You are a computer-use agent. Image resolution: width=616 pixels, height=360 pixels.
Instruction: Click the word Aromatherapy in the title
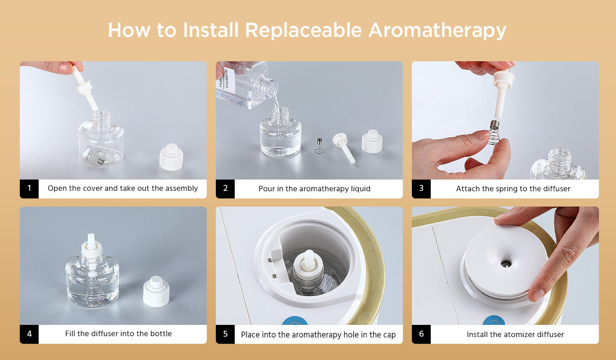point(437,30)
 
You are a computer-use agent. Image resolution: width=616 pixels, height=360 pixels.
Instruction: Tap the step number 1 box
point(29,189)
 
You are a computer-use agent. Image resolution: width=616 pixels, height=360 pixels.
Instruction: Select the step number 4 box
point(29,334)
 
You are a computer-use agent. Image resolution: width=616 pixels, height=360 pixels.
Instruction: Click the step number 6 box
point(421,334)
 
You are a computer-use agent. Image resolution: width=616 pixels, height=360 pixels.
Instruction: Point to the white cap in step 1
point(171,157)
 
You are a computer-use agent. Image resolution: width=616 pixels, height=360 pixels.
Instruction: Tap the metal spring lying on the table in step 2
point(319,146)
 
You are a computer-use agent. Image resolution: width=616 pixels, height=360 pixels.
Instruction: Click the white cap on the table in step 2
point(372,141)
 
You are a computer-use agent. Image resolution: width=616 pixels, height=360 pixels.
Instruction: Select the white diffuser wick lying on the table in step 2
point(344,148)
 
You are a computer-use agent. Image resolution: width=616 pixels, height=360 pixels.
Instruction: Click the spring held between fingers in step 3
point(494,132)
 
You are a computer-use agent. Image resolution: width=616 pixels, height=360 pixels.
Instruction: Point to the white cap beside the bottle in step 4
point(156,292)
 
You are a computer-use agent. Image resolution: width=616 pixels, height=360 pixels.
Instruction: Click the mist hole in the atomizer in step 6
point(506,264)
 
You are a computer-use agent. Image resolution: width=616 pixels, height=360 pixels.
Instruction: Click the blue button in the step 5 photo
point(295,321)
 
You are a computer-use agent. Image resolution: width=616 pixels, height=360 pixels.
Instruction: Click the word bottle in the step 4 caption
point(161,333)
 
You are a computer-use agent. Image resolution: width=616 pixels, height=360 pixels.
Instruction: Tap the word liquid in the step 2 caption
point(361,189)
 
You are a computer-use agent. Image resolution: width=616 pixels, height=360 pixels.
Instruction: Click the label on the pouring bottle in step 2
point(227,79)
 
